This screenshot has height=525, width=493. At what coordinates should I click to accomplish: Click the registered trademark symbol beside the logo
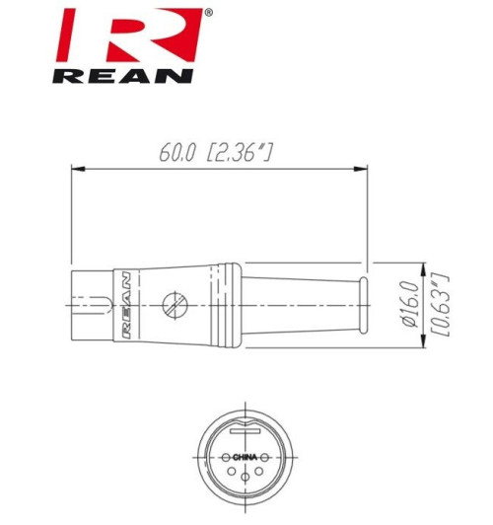tap(206, 14)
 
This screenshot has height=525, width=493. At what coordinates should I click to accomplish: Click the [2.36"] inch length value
tap(240, 154)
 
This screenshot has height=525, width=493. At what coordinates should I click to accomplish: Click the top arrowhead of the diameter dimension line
tap(424, 267)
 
